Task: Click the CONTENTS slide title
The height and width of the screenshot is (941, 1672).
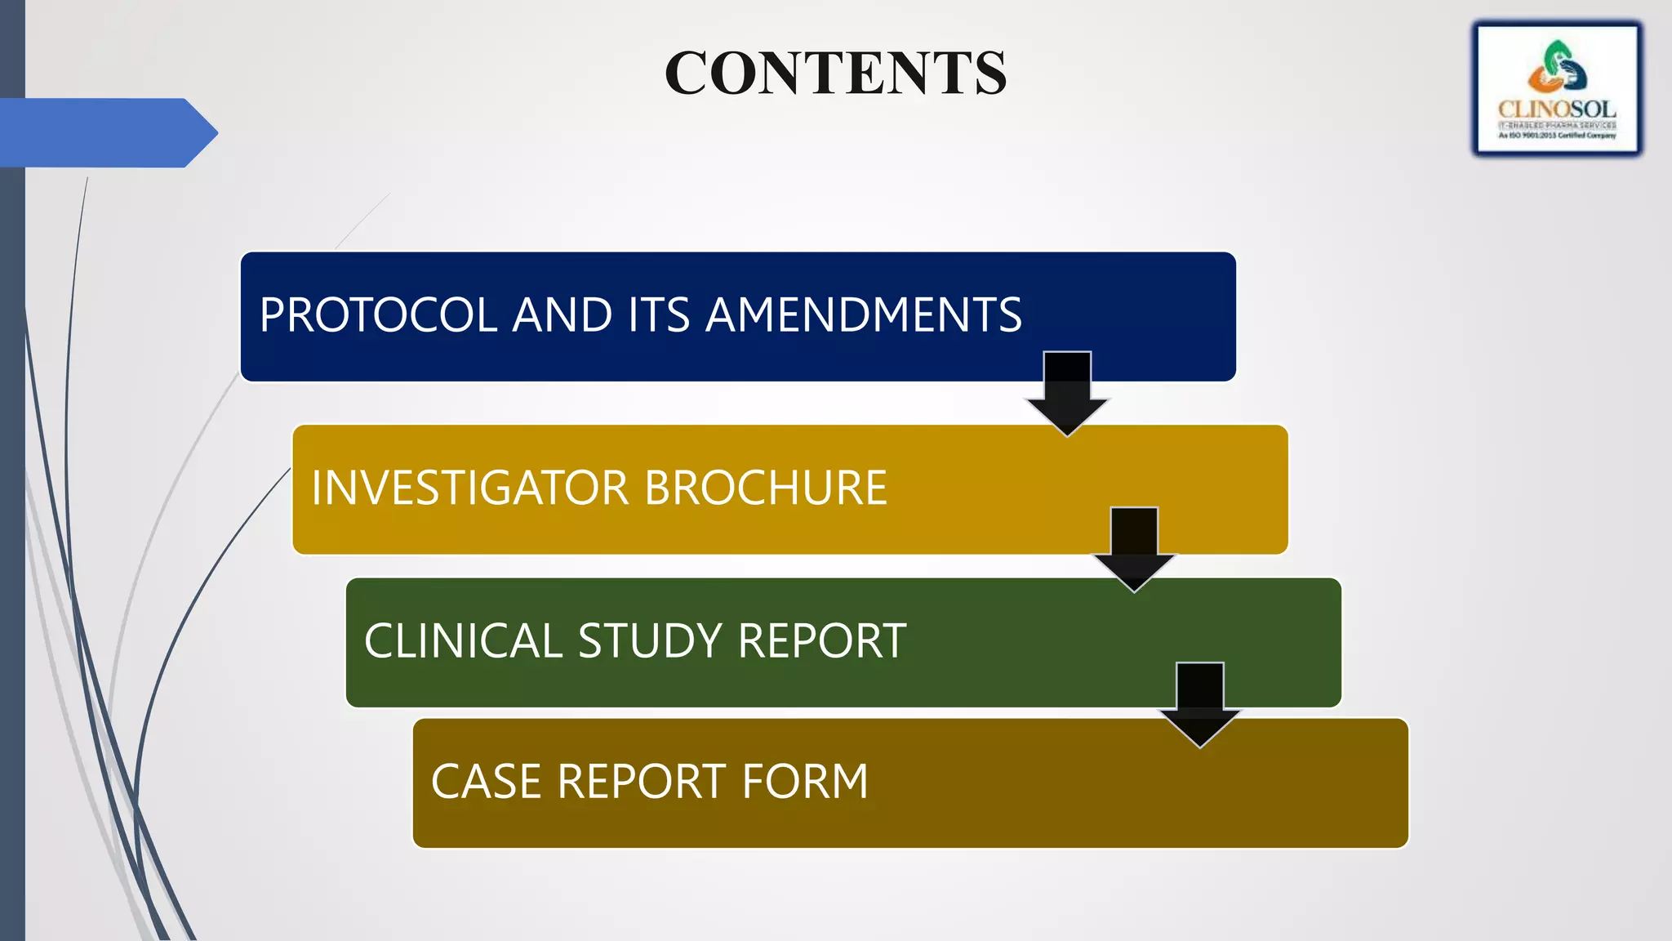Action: pyautogui.click(x=835, y=73)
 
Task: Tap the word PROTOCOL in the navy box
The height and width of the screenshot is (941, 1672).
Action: pyautogui.click(x=378, y=315)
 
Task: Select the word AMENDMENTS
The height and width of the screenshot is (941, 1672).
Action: pyautogui.click(x=863, y=315)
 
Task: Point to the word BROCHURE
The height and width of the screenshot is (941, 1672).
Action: pyautogui.click(x=765, y=488)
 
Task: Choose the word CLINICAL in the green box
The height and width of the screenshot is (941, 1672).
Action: pyautogui.click(x=463, y=640)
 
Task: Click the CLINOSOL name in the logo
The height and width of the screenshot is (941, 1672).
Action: pyautogui.click(x=1557, y=109)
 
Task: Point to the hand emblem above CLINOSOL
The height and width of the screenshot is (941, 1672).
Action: pyautogui.click(x=1557, y=67)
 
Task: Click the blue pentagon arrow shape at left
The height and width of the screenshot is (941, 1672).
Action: pyautogui.click(x=106, y=133)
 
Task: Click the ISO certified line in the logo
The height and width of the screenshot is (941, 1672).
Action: pyautogui.click(x=1557, y=136)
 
